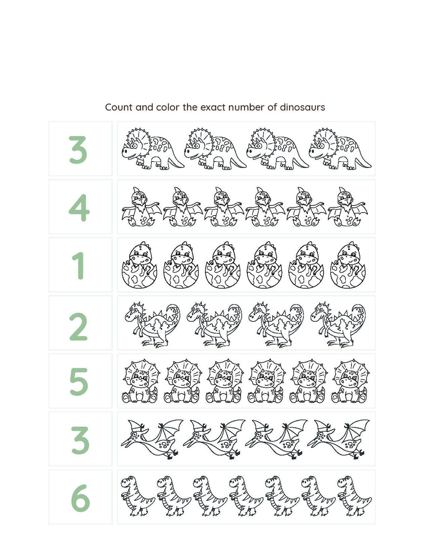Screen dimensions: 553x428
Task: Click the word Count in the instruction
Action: pos(119,107)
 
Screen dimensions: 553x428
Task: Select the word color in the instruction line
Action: pos(168,107)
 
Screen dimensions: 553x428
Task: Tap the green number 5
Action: pos(79,382)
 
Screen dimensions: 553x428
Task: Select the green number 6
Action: pos(80,498)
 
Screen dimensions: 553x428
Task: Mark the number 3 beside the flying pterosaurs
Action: pos(80,440)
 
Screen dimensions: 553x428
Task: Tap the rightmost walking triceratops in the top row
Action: pos(339,149)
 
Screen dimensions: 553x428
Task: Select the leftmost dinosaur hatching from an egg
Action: pos(139,265)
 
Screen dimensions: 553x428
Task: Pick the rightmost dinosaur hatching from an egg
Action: pos(348,265)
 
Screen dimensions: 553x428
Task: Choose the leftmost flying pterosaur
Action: pos(151,439)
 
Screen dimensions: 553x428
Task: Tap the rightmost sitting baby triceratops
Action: pos(350,381)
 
